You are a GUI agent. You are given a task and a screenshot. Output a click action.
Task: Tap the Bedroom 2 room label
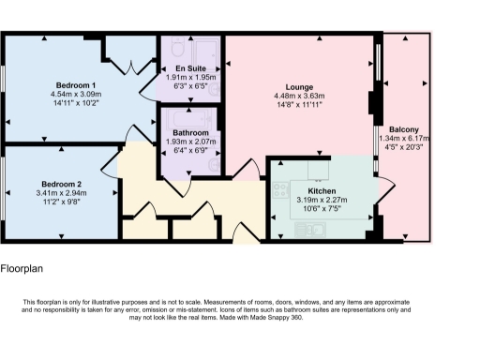pyautogui.click(x=62, y=184)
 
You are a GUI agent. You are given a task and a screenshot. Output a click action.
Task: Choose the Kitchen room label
pyautogui.click(x=322, y=190)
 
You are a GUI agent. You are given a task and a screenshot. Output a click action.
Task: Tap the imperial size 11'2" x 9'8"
pyautogui.click(x=62, y=203)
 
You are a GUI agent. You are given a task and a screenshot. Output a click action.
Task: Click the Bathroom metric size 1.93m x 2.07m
pyautogui.click(x=190, y=142)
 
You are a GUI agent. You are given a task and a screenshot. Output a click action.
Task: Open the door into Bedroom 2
pyautogui.click(x=116, y=156)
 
